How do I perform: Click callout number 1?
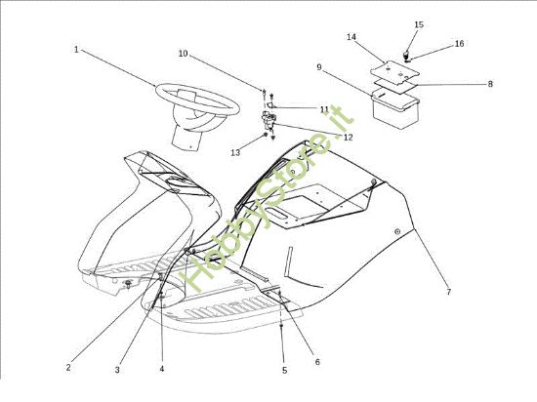76,50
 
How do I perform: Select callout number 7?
449,292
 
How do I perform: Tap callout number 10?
184,54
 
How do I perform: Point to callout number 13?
235,152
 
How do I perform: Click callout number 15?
419,24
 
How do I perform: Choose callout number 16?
459,44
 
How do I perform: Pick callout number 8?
490,84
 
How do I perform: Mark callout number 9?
319,67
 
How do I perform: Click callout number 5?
284,370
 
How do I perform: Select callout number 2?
68,368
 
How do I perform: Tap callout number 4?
162,369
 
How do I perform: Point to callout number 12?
348,138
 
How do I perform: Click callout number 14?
351,37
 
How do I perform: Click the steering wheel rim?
161,91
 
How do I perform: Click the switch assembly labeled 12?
268,120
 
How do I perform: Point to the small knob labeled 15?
406,55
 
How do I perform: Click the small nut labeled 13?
265,135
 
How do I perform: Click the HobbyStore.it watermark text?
268,200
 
